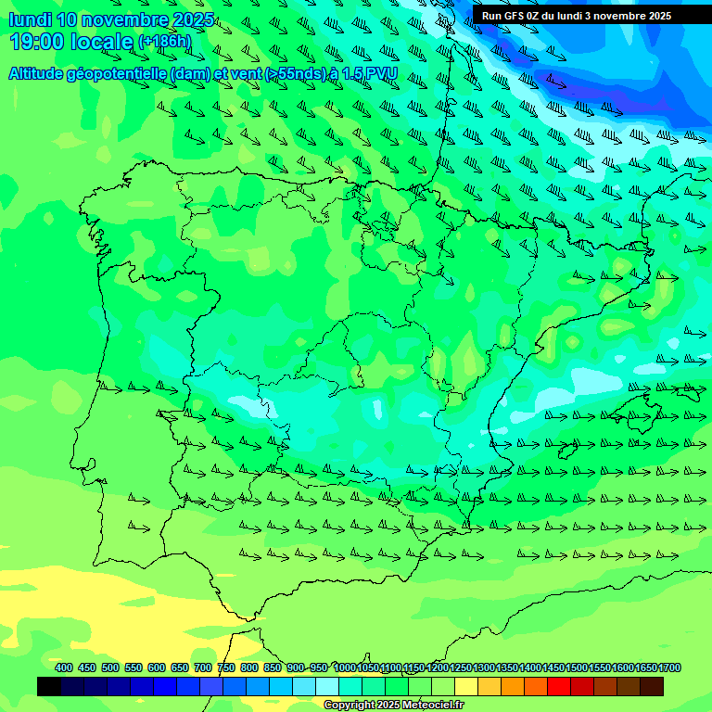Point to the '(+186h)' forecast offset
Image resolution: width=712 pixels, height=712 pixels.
[164, 42]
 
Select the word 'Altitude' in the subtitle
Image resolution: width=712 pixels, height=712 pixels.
[41, 73]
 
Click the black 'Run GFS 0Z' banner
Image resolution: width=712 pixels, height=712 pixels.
[577, 16]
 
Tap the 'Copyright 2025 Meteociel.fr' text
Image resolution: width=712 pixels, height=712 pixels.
[394, 706]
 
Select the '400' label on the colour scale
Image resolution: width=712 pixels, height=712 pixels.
[64, 668]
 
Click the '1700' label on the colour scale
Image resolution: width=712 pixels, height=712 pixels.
[669, 668]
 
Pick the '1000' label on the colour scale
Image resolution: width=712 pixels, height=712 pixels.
[344, 668]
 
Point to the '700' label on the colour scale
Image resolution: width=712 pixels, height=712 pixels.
[203, 668]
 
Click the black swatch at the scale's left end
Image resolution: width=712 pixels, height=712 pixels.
[49, 686]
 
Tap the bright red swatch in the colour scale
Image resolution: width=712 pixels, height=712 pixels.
[559, 686]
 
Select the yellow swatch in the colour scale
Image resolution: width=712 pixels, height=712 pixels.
[466, 686]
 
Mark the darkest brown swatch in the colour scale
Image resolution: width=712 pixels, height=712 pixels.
[652, 686]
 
